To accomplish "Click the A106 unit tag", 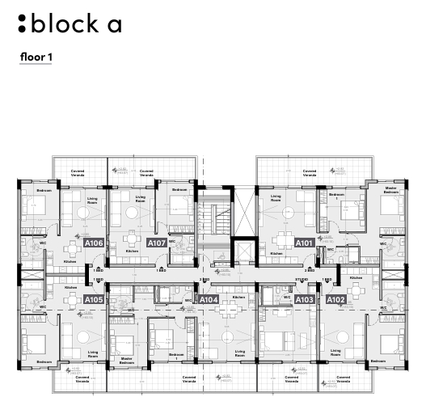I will pyautogui.click(x=94, y=243).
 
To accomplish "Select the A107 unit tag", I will pyautogui.click(x=157, y=243).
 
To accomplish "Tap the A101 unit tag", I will pyautogui.click(x=304, y=243).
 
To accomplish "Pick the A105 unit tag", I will pyautogui.click(x=94, y=300).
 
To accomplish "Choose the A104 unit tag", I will pyautogui.click(x=209, y=300).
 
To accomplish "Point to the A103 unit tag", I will pyautogui.click(x=304, y=300).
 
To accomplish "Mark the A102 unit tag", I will pyautogui.click(x=335, y=300).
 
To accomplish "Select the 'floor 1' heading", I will pyautogui.click(x=36, y=57).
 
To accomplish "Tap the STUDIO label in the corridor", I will pyautogui.click(x=302, y=281).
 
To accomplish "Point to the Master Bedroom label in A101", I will pyautogui.click(x=391, y=191).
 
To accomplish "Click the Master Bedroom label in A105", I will pyautogui.click(x=126, y=361).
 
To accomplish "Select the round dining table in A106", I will pyautogui.click(x=86, y=213).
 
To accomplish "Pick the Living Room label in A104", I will pyautogui.click(x=239, y=353).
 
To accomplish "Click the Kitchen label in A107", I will pyautogui.click(x=131, y=251).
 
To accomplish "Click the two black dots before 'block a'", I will pyautogui.click(x=22, y=23).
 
